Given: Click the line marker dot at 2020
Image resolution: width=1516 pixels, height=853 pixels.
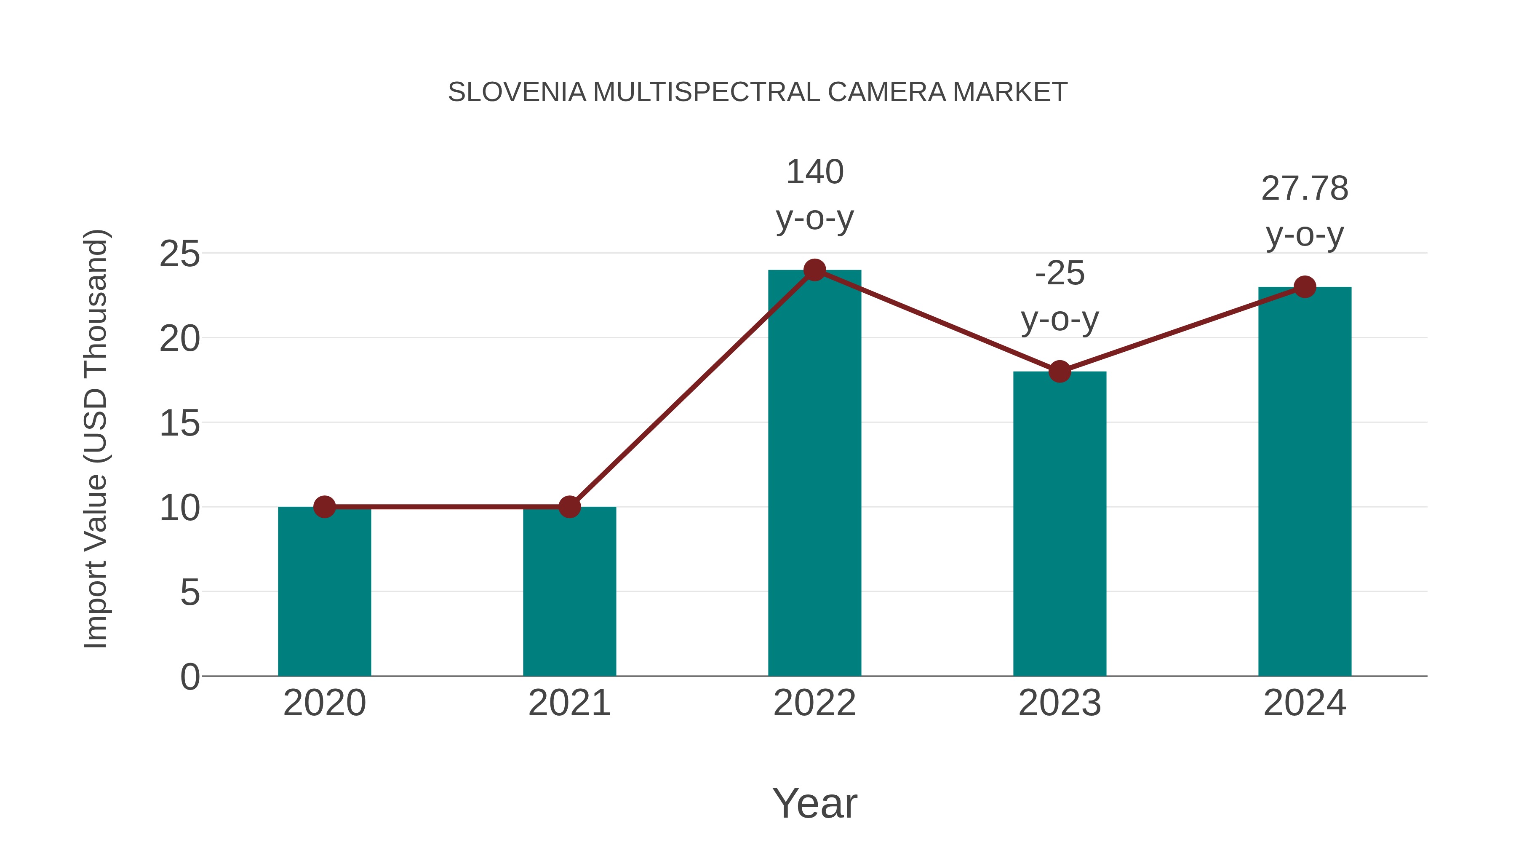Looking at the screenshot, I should pos(324,507).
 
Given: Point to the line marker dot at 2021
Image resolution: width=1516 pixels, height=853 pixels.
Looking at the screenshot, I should pos(569,507).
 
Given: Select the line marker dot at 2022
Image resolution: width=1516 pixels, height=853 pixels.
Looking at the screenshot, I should pos(814,270).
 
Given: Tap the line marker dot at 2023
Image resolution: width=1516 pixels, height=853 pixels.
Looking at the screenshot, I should pos(1060,372).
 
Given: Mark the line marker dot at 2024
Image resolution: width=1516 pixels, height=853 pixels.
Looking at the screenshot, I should pos(1305,287).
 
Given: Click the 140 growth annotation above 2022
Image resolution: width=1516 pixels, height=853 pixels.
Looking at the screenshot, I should pos(814,172).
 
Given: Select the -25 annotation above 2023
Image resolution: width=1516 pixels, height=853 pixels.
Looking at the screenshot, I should pos(1060,274).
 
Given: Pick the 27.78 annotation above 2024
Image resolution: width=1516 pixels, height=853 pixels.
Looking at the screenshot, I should pos(1305,189).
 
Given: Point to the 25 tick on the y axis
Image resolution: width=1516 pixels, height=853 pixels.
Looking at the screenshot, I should pos(179,254).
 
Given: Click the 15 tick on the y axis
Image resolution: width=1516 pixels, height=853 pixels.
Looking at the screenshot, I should pos(179,423).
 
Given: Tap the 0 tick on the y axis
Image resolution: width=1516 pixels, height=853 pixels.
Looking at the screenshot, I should pos(189,677).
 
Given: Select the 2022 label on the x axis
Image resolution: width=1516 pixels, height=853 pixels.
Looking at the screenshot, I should pos(814,703).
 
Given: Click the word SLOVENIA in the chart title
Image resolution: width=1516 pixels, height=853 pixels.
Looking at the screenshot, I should pos(517,92).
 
